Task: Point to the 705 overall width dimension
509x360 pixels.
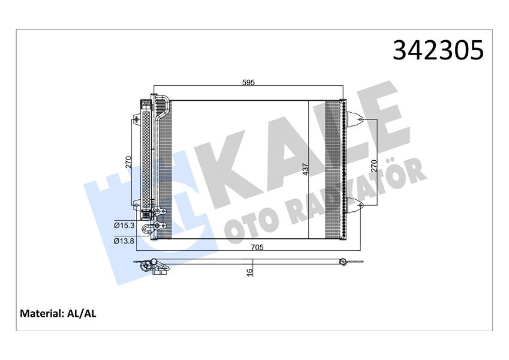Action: (x=257, y=247)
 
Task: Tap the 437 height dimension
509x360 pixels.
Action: (x=306, y=169)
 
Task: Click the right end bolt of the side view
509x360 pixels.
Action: (x=342, y=262)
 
